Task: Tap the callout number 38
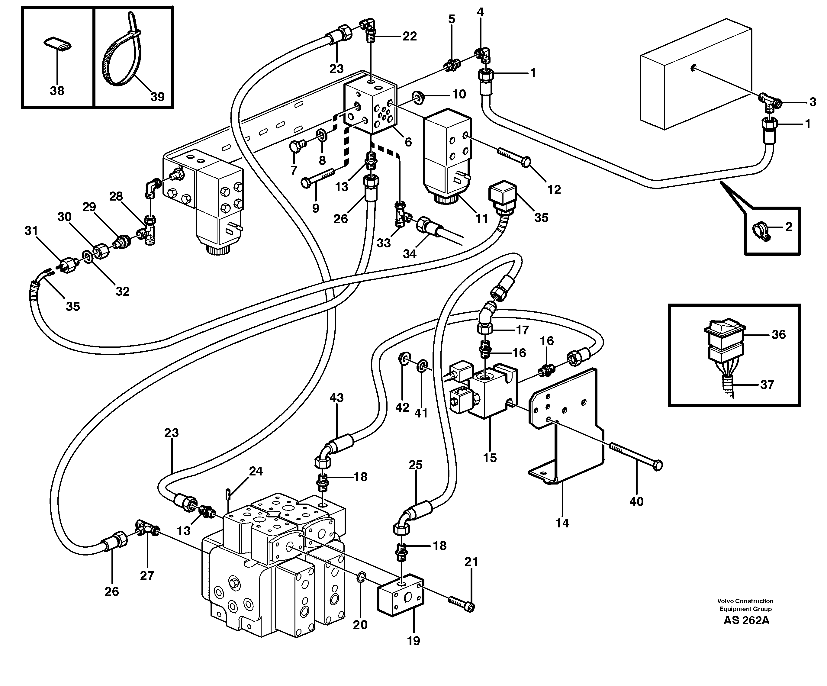click(57, 91)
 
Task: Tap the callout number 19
click(413, 641)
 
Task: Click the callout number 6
click(408, 142)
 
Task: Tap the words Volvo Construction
click(745, 601)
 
